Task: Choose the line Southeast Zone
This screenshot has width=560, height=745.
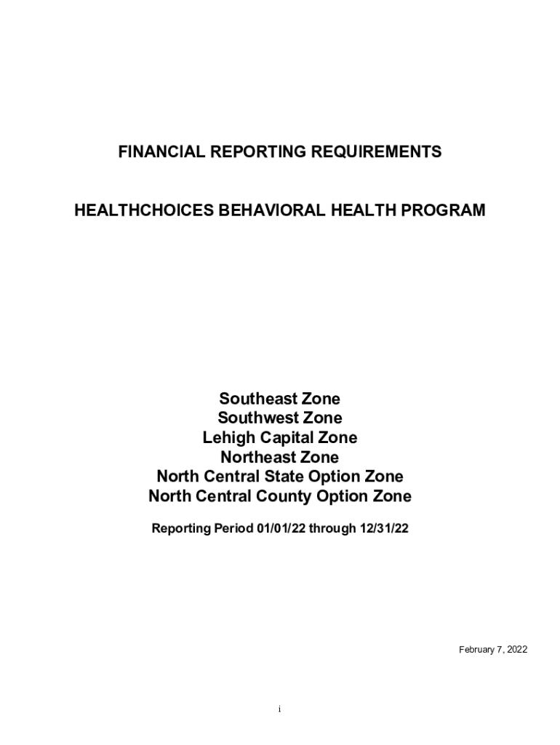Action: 280,399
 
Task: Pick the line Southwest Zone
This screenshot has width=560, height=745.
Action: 280,418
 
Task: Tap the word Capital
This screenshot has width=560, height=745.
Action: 286,438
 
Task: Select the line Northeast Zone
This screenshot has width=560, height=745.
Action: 280,458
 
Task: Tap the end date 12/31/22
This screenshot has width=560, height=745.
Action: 382,529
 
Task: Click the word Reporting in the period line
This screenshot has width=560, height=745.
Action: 180,529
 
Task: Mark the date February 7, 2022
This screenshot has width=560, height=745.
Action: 492,650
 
